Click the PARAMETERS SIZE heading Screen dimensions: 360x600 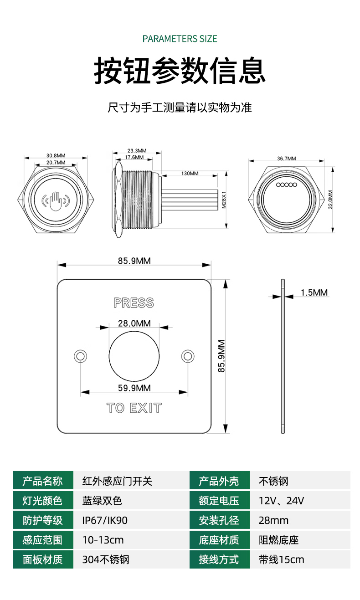[x=180, y=39]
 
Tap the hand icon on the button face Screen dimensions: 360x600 [x=56, y=201]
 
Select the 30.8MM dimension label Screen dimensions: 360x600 [x=56, y=155]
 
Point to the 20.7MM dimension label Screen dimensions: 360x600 [x=56, y=162]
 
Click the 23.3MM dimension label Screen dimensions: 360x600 [x=137, y=150]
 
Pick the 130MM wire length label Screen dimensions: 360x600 [x=190, y=173]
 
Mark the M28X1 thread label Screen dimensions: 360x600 [x=224, y=200]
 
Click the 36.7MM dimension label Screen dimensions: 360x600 [x=287, y=158]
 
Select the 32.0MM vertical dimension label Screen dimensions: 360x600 [x=330, y=200]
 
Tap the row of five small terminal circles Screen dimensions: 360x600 [x=287, y=185]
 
